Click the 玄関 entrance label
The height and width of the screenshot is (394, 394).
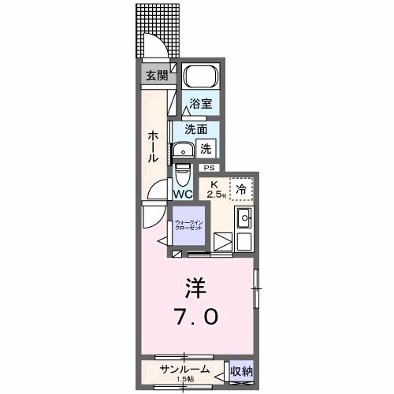[x=156, y=76]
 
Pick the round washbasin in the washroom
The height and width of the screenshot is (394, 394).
[x=184, y=150]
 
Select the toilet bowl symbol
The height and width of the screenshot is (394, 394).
[x=183, y=172]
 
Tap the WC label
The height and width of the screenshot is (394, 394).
[x=183, y=193]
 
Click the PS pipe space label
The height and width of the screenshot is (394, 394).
[x=209, y=167]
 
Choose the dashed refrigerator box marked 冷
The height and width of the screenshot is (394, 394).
[x=241, y=188]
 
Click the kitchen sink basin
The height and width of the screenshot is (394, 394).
[x=243, y=218]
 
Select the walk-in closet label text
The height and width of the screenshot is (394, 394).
[x=189, y=225]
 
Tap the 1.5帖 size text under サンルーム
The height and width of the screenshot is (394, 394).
[x=186, y=379]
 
